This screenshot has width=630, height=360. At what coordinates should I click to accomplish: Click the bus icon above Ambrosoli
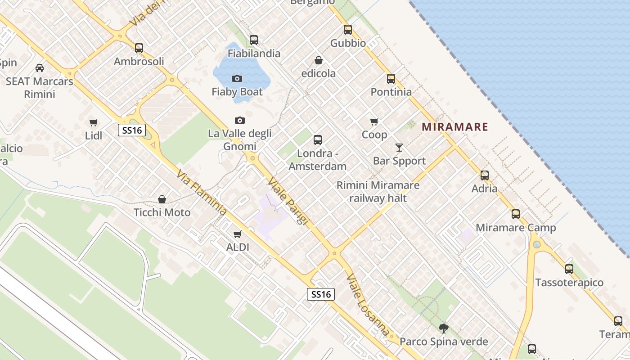[x=139, y=48]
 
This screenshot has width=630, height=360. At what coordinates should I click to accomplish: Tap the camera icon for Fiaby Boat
[x=237, y=78]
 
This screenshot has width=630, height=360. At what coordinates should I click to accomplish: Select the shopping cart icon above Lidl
[x=94, y=122]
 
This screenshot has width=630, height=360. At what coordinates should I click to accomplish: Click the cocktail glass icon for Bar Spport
[x=399, y=147]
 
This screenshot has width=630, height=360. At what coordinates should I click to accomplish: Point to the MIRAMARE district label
[x=455, y=127]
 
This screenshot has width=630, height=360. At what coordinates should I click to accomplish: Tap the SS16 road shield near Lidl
[x=132, y=130]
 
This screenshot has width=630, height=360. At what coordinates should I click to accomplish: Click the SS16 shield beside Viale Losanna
[x=321, y=294]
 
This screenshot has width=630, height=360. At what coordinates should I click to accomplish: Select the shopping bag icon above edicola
[x=318, y=60]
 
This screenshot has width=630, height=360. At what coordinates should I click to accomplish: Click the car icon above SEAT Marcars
[x=40, y=68]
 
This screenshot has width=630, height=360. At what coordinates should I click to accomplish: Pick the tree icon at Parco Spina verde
[x=443, y=328]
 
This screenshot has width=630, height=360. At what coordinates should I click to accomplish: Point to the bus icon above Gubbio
[x=348, y=30]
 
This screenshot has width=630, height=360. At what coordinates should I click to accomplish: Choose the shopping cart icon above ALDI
[x=237, y=234]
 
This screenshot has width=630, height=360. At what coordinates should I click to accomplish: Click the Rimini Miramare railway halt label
[x=378, y=191]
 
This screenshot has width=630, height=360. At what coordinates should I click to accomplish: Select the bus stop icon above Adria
[x=484, y=175]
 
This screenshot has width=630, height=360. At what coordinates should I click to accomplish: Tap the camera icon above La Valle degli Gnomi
[x=240, y=120]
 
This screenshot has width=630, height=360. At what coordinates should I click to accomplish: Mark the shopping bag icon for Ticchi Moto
[x=162, y=199]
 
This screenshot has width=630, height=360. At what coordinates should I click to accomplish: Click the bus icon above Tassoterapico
[x=569, y=269]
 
